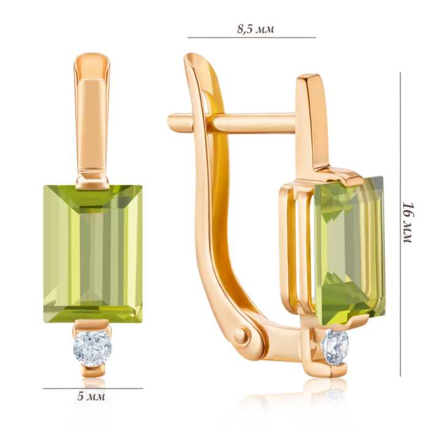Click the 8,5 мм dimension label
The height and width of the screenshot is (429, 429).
[256, 29]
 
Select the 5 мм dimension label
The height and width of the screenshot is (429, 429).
[91, 396]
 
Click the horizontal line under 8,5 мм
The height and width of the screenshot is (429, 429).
[252, 37]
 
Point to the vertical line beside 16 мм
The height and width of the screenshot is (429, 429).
[400, 225]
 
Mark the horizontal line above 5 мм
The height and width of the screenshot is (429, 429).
[93, 388]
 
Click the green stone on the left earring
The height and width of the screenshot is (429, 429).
[93, 254]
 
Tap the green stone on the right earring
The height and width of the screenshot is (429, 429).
[349, 250]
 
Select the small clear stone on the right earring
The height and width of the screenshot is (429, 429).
[336, 347]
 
